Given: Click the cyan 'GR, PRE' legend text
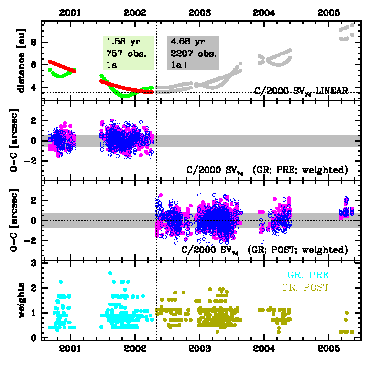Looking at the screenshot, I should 307,275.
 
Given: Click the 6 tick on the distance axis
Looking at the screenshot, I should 33,65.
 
